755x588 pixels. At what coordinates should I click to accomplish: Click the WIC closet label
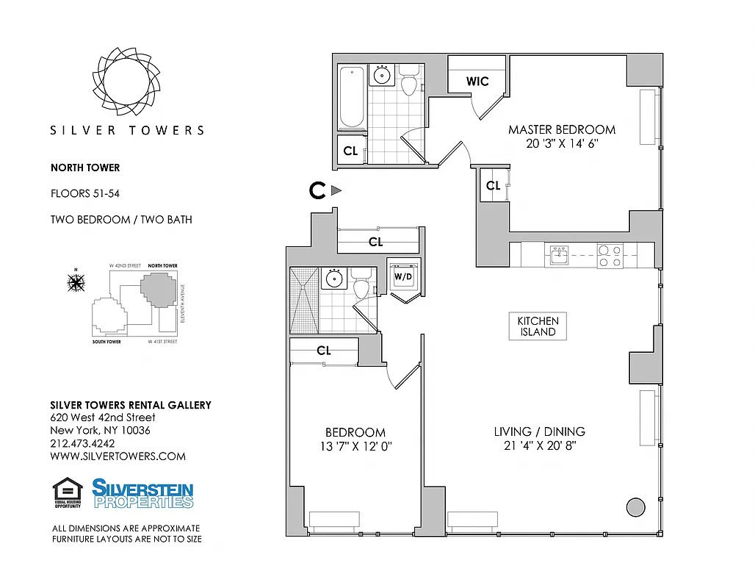pos(477,82)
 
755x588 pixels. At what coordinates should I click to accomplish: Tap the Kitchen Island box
pos(538,326)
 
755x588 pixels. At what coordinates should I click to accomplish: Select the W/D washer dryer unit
pos(403,277)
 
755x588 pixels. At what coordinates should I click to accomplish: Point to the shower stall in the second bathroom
pos(303,300)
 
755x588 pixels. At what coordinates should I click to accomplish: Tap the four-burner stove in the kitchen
pos(610,255)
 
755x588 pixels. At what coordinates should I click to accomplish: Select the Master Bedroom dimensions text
pos(562,144)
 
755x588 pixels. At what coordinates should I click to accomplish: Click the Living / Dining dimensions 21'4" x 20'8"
pos(540,446)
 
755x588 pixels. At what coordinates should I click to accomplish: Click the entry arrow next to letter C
pos(336,190)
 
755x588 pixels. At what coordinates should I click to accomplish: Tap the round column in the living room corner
pos(634,506)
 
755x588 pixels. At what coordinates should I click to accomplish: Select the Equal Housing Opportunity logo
pos(68,492)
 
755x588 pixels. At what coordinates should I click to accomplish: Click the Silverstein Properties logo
pos(142,493)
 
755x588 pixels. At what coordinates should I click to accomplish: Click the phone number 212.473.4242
pos(82,443)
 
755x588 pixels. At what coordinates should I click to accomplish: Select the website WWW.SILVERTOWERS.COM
pos(118,456)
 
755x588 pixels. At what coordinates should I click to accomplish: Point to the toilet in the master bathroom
pos(408,80)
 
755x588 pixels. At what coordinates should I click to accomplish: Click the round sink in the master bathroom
pos(382,74)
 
